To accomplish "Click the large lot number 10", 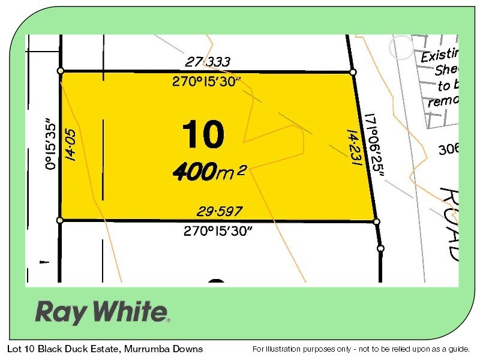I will click(x=202, y=134).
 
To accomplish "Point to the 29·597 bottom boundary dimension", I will click(x=220, y=211).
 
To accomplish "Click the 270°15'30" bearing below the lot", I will click(x=218, y=230).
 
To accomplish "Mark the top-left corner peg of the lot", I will click(x=61, y=71).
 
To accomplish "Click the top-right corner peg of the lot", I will click(x=353, y=73).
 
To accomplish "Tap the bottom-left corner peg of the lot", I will click(x=60, y=220).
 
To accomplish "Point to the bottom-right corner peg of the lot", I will click(x=377, y=221).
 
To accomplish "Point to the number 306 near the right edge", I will click(x=448, y=149).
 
